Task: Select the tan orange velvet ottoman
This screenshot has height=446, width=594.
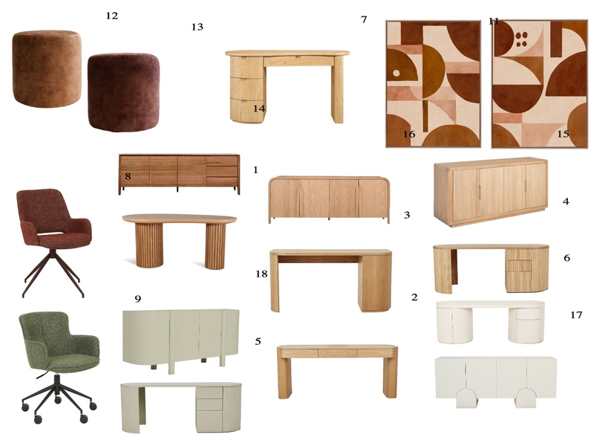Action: click(x=46, y=68)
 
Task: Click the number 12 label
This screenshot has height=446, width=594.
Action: click(x=112, y=16)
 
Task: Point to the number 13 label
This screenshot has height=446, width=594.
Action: click(x=197, y=27)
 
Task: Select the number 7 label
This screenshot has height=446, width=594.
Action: click(x=364, y=19)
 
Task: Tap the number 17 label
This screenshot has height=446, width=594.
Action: click(x=576, y=315)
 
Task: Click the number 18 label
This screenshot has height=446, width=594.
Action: click(x=261, y=274)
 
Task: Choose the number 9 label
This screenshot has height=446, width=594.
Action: click(x=138, y=299)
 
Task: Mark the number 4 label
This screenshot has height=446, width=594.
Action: click(x=566, y=201)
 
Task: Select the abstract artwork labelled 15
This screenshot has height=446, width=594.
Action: click(x=540, y=84)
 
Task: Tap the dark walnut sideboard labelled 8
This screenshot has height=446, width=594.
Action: click(x=179, y=174)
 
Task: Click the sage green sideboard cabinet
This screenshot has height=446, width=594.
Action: click(x=180, y=338)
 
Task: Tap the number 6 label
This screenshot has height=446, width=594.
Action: click(x=567, y=258)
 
